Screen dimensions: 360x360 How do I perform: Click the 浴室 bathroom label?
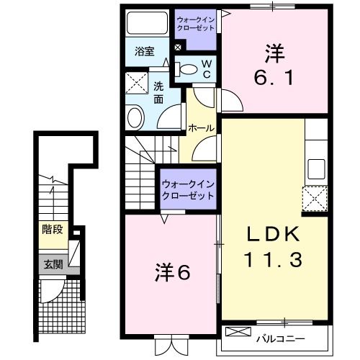point(145,51)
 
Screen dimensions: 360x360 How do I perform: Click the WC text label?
point(205,69)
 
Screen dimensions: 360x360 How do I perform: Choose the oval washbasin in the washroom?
point(135,118)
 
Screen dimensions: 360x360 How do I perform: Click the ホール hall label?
point(200,128)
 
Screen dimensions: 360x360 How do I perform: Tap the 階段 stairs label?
point(52,232)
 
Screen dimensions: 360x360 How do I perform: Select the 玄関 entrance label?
point(52,264)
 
